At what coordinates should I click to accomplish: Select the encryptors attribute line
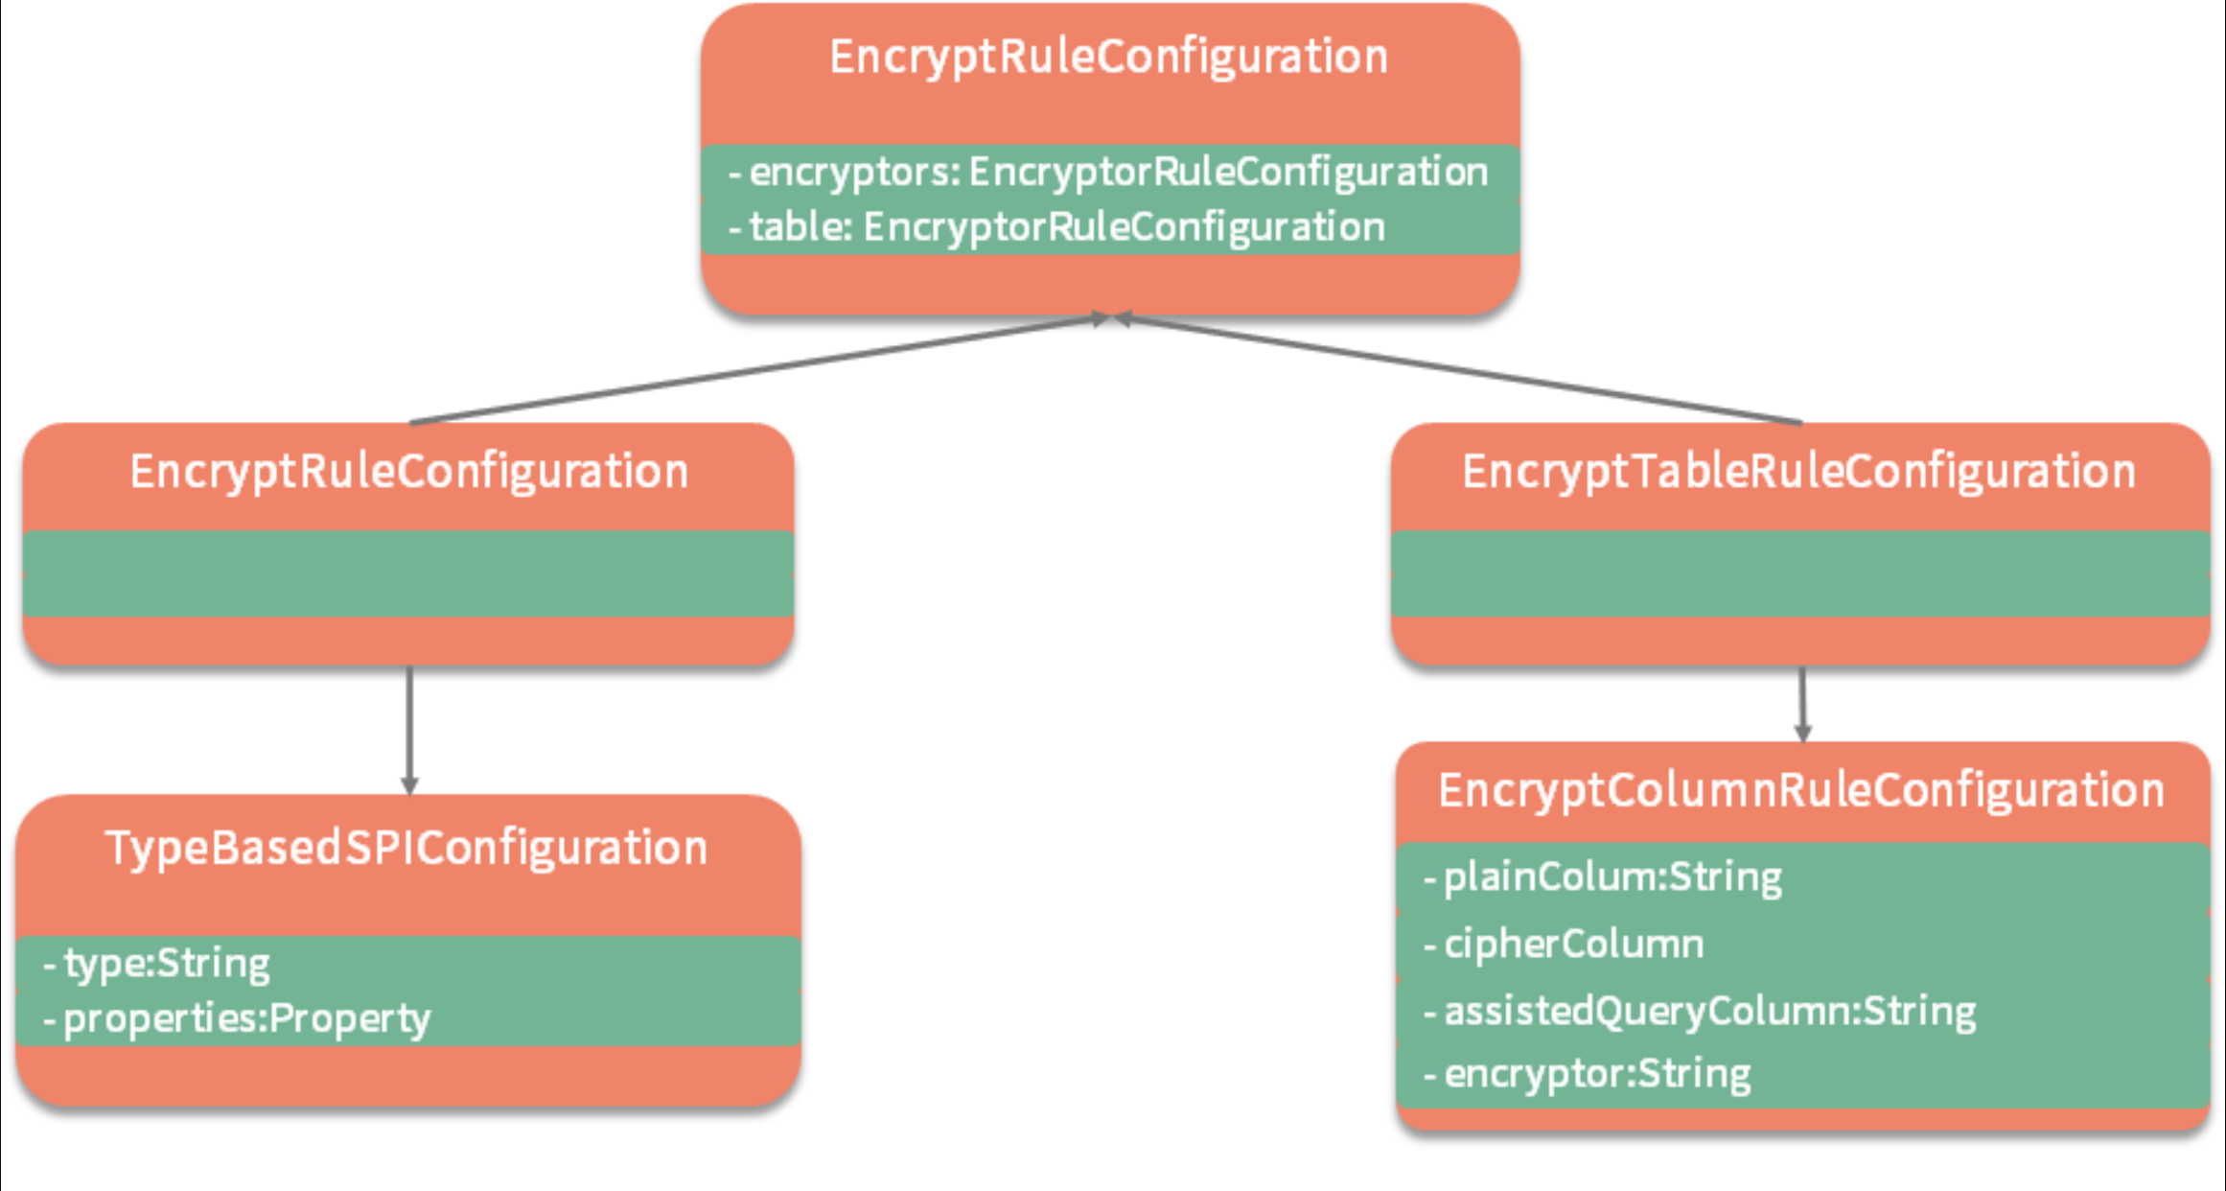(1108, 173)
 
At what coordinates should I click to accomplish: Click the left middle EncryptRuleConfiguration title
(409, 472)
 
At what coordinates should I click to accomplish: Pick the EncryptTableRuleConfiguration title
(1798, 472)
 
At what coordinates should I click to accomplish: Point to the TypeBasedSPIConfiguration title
(406, 849)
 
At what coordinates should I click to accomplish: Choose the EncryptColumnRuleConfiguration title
(1801, 791)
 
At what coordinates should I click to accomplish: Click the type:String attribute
(157, 964)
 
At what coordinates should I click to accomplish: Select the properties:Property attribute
(238, 1018)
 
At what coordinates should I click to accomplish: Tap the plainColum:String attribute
(1603, 877)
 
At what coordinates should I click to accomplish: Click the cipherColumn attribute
(1565, 945)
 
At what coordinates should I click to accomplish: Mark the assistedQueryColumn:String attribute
(1700, 1012)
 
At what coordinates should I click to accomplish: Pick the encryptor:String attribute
(1588, 1074)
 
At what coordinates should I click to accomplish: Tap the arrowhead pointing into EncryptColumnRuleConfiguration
(1802, 734)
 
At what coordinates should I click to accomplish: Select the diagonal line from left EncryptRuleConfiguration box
(757, 369)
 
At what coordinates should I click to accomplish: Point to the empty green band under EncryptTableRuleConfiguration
(1800, 573)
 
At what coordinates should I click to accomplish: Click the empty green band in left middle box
(408, 573)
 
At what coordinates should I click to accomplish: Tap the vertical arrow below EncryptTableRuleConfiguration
(1802, 700)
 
